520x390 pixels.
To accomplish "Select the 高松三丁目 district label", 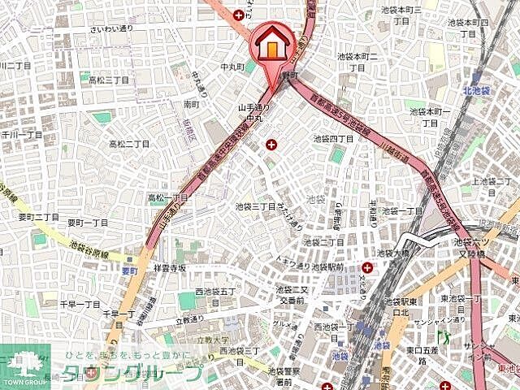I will pos(109,80).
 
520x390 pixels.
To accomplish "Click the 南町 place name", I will pos(192,105).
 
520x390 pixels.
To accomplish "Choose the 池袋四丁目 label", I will pos(334,138).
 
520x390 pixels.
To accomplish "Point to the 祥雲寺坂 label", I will pos(169,267).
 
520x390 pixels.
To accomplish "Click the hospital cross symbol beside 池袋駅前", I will pos(368,267).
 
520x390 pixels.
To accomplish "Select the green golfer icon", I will pos(444,335).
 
